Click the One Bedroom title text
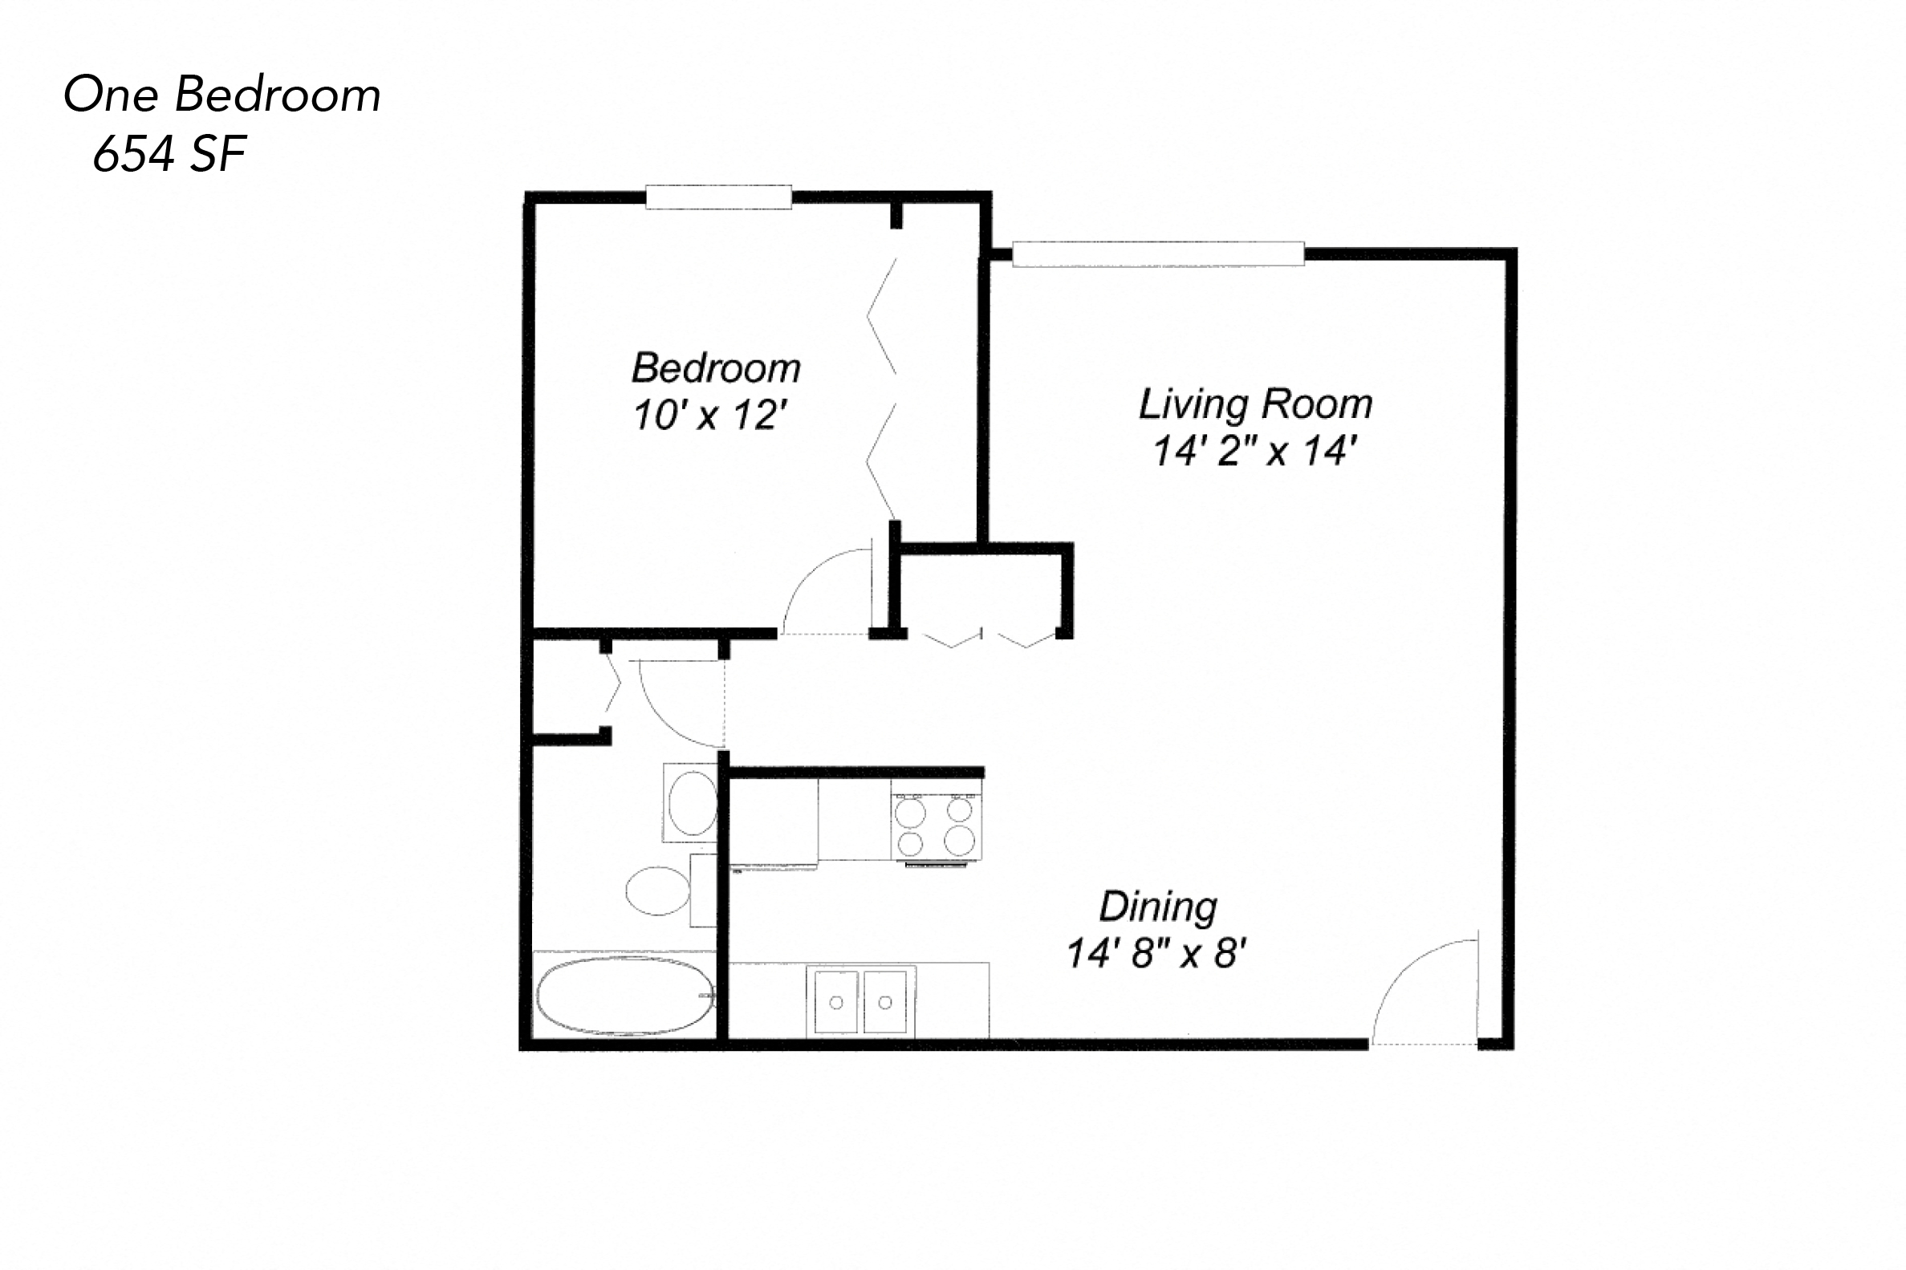pos(222,95)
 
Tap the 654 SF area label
pos(169,154)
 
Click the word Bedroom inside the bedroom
pos(716,368)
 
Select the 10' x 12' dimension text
pos(709,416)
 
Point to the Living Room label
pos(1254,404)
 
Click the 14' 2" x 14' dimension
pos(1254,451)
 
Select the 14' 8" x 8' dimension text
pos(1156,953)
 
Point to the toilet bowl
pos(658,891)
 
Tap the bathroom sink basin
pos(691,802)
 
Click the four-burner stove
pos(936,826)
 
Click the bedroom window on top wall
pos(717,197)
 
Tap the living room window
pos(1157,254)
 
